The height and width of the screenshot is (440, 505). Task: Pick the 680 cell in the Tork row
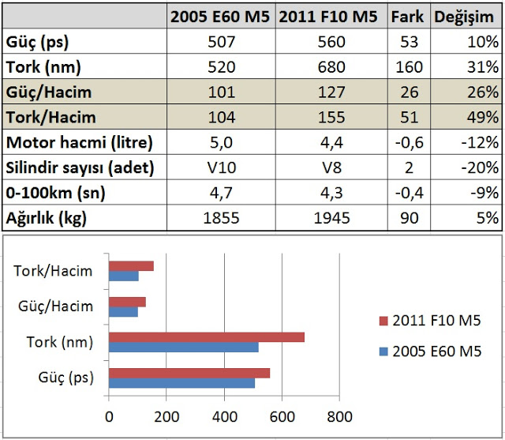(332, 67)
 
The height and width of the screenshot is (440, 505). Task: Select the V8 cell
(332, 168)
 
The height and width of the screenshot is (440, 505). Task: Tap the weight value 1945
(332, 218)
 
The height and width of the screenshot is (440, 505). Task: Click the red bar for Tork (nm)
(207, 337)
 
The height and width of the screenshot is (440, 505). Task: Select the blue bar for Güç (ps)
(181, 383)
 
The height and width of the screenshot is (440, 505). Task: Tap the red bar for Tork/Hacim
(131, 266)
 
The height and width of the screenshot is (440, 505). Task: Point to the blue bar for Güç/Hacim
(124, 311)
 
